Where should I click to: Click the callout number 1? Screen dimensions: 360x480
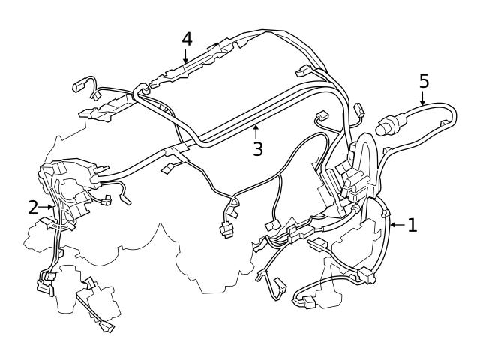[x=412, y=224]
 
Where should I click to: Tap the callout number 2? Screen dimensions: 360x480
[x=33, y=208]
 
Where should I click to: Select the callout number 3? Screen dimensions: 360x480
[x=257, y=148]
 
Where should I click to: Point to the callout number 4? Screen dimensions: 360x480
[x=187, y=39]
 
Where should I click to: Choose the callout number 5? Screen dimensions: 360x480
[x=424, y=79]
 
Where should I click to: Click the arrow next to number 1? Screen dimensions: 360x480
[x=396, y=224]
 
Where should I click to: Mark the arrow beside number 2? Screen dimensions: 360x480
[x=47, y=208]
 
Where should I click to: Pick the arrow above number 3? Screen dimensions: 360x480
[x=256, y=131]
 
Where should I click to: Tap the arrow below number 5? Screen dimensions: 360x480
[x=423, y=97]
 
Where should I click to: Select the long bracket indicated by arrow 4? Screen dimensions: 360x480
[x=187, y=68]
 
